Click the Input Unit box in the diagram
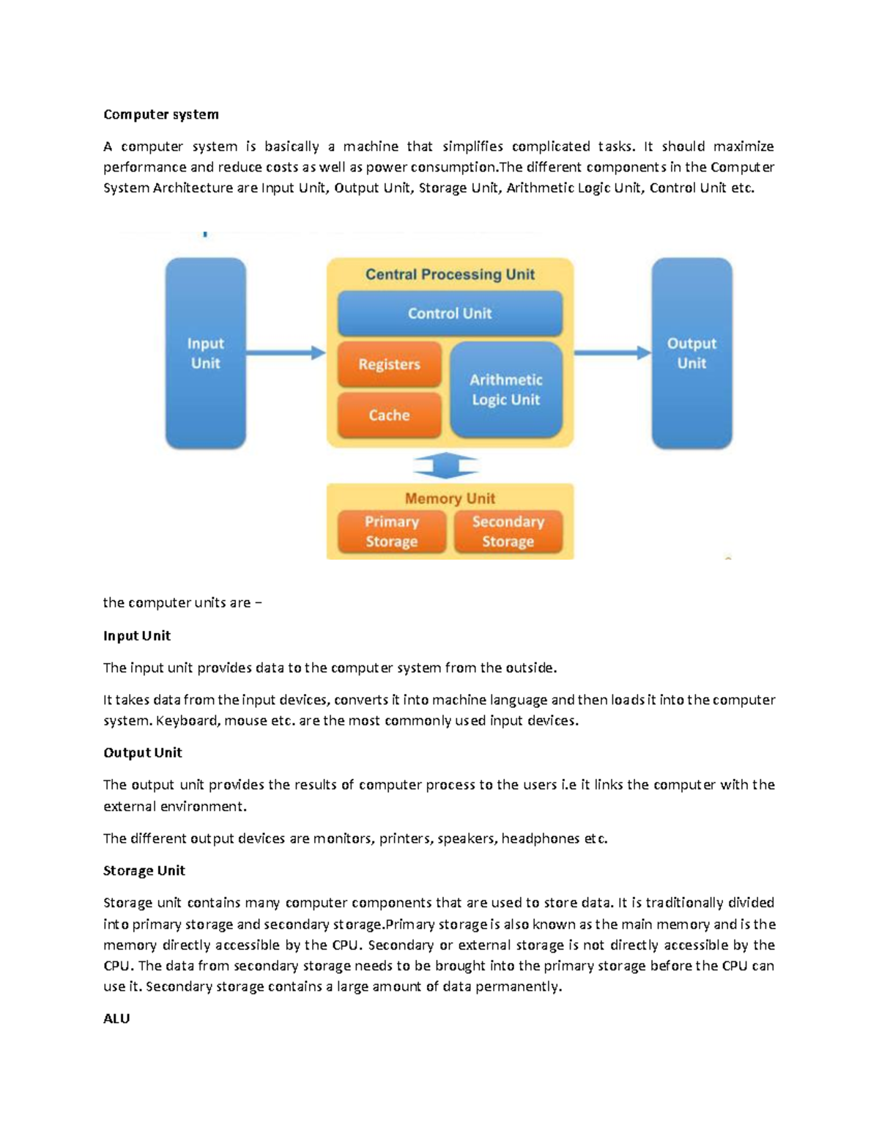tap(205, 353)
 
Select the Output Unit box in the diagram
tap(691, 353)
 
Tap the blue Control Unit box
tap(450, 314)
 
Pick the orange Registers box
tap(389, 364)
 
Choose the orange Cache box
tap(389, 415)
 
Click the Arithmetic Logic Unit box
tap(505, 390)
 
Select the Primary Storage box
tap(391, 531)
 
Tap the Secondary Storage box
tap(508, 531)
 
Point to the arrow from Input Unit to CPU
tap(286, 353)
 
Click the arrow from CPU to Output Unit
tap(612, 353)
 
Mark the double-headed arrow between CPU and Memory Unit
tap(446, 465)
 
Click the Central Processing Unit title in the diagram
tap(450, 275)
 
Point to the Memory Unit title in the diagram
tap(450, 498)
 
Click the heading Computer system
tap(161, 114)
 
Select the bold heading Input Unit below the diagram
tap(137, 635)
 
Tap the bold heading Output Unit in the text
tap(143, 753)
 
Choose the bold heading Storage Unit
tap(144, 871)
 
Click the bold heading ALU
tap(116, 1019)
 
